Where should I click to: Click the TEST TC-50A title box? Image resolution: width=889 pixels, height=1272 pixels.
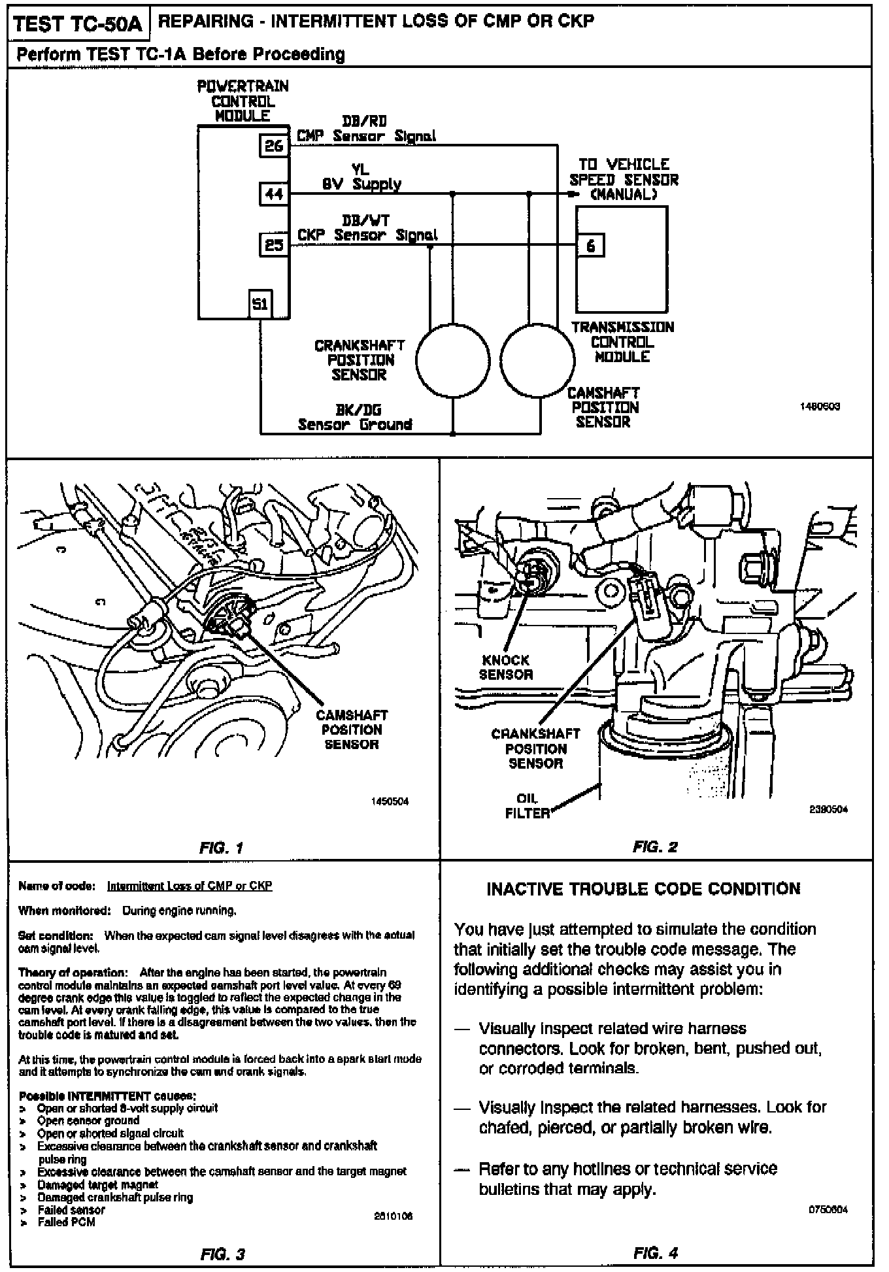coord(78,24)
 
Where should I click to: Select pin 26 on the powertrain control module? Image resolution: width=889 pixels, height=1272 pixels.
coord(273,145)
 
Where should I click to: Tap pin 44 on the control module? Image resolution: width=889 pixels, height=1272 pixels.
coord(273,194)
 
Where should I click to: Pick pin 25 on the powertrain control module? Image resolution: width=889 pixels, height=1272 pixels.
coord(273,245)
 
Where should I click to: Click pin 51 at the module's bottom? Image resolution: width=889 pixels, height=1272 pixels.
coord(260,304)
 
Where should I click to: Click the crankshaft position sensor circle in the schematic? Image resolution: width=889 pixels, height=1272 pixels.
coord(452,361)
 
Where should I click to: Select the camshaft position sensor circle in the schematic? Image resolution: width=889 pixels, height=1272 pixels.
coord(540,361)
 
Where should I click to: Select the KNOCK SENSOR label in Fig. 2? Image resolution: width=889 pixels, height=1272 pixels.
coord(505,667)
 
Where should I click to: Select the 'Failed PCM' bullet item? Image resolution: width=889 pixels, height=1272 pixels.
coord(66,1222)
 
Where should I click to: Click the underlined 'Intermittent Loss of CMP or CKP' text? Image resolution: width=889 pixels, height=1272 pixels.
coord(189,886)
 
